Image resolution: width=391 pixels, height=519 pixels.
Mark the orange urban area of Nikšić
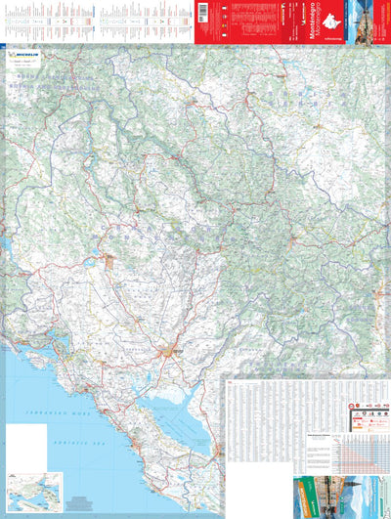[x=109, y=261]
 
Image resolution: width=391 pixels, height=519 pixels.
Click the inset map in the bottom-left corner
[x=33, y=486]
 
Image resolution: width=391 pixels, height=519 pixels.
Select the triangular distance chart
[x=361, y=450]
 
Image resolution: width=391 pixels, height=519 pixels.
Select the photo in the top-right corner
[x=377, y=21]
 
